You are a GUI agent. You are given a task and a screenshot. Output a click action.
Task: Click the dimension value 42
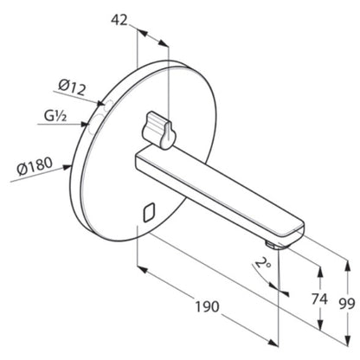click(119, 20)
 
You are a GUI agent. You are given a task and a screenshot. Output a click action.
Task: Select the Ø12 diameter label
click(72, 87)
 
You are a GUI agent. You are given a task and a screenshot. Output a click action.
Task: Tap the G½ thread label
click(55, 116)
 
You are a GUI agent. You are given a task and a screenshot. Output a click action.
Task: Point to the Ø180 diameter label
click(35, 166)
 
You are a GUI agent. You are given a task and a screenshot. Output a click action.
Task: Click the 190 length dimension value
click(208, 306)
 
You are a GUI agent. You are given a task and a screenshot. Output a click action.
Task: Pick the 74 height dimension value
click(319, 299)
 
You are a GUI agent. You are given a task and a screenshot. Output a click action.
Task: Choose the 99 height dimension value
click(347, 304)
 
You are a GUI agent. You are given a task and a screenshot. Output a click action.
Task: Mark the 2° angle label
click(263, 263)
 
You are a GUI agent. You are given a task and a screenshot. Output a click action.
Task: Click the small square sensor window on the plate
click(149, 213)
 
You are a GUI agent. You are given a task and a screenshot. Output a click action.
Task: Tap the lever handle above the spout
click(157, 131)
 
